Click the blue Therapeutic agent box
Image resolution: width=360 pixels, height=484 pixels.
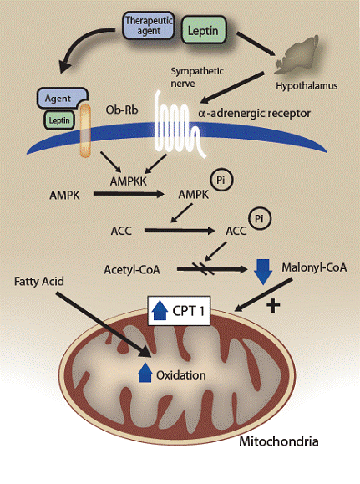coord(149,26)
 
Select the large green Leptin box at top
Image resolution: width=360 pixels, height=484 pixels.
coord(203,29)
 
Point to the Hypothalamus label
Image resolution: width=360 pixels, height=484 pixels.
coord(307,85)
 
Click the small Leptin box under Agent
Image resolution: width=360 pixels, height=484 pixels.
coord(59,120)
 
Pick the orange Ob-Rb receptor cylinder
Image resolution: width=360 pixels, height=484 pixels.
coord(85,130)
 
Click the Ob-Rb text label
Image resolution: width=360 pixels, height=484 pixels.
coord(122,110)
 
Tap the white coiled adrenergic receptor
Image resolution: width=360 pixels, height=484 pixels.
coord(177,125)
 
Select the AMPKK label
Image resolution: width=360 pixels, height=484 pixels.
coord(129,181)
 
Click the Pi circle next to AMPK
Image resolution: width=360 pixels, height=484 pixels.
coord(221,180)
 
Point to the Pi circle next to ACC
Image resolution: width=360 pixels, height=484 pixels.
coord(260,218)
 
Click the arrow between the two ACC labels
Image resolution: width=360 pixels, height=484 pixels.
coord(180,230)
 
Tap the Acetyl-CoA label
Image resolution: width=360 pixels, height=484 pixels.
coord(132,270)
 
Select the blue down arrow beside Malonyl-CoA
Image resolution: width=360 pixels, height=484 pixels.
coord(263,271)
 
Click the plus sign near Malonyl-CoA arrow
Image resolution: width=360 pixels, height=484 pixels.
coord(273,306)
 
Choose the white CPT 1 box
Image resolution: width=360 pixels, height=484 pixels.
coord(179,311)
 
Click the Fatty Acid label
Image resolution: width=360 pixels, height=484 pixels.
coord(39,282)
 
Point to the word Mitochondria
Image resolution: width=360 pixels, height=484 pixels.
coord(279,441)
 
